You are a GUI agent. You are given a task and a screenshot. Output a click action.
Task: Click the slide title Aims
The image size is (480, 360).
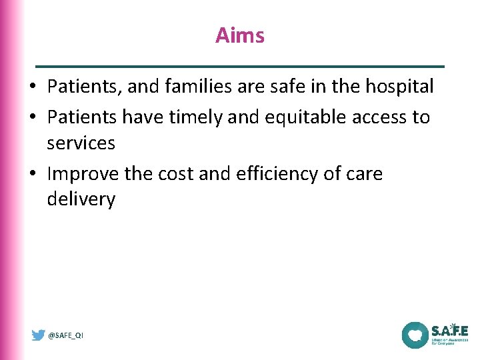tap(240, 35)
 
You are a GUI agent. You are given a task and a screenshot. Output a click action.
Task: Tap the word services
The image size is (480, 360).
tap(81, 143)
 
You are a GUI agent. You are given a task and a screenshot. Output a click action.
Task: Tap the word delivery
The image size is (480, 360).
tap(81, 199)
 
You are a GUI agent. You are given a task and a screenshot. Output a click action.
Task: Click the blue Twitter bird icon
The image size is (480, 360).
tap(39, 335)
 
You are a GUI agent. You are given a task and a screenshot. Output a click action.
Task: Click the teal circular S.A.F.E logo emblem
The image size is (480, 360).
tap(414, 335)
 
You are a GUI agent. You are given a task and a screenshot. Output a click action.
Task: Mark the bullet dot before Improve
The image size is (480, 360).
tap(33, 175)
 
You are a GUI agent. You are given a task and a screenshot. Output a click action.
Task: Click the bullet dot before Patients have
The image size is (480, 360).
tap(33, 118)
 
